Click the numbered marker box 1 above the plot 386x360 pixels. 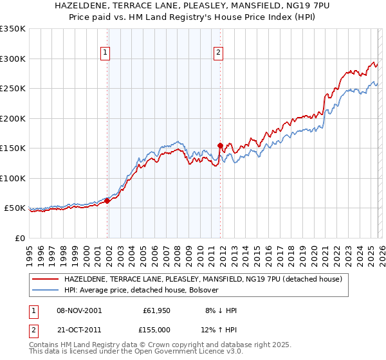tap(105, 53)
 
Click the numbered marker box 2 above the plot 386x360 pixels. tap(218, 53)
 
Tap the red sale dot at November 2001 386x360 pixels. tap(107, 201)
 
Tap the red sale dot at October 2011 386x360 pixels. tap(220, 145)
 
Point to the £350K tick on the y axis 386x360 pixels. tap(13, 29)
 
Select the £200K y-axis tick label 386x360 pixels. tap(13, 118)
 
